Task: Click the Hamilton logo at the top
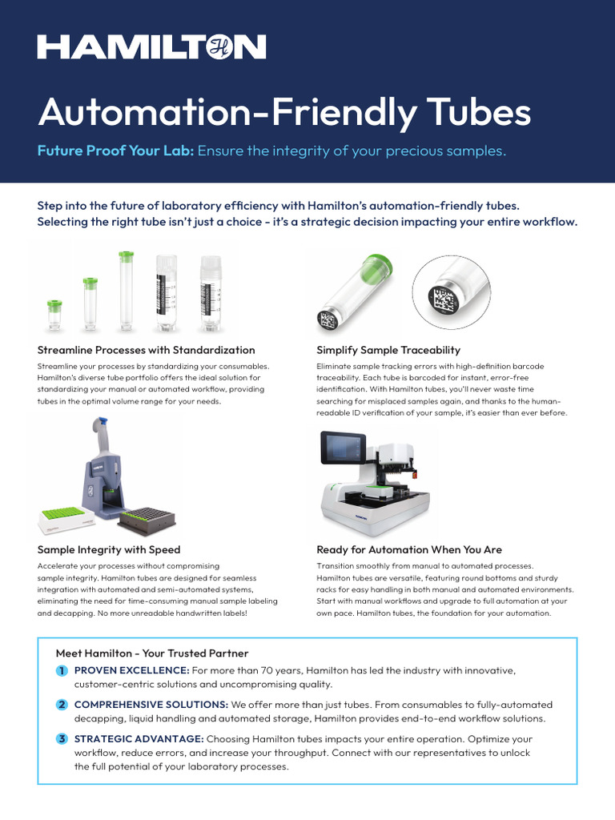151,47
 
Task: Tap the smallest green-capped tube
54,315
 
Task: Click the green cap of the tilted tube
376,268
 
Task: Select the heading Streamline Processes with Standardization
147,350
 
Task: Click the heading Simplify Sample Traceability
388,350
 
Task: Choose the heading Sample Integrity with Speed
109,549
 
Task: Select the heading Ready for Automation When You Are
409,549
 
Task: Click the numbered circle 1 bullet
62,669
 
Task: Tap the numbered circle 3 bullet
62,738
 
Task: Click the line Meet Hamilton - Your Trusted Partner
152,653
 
